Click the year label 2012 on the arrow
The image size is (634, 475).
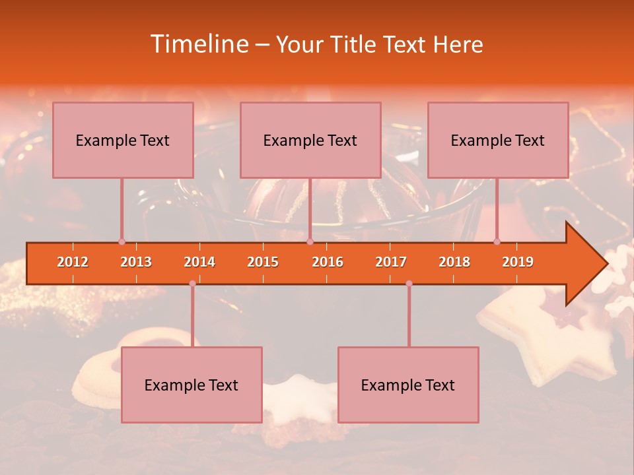pyautogui.click(x=73, y=262)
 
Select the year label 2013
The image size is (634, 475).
pyautogui.click(x=136, y=262)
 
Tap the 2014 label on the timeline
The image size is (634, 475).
pyautogui.click(x=199, y=262)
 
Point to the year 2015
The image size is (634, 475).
pyautogui.click(x=263, y=262)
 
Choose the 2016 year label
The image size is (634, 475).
pyautogui.click(x=328, y=262)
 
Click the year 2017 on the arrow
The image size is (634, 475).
pyautogui.click(x=391, y=262)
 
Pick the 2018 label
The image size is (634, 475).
pyautogui.click(x=454, y=262)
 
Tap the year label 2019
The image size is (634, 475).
pyautogui.click(x=518, y=262)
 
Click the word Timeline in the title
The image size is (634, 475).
pyautogui.click(x=198, y=44)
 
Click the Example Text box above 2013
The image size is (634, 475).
pyautogui.click(x=123, y=140)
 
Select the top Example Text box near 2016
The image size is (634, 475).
pyautogui.click(x=310, y=140)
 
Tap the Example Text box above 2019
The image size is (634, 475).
pyautogui.click(x=498, y=140)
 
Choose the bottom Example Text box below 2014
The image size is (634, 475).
pyautogui.click(x=192, y=385)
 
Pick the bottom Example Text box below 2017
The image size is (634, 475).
pyautogui.click(x=408, y=385)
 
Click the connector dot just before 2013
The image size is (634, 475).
pyautogui.click(x=122, y=241)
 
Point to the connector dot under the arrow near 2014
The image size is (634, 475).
pyautogui.click(x=192, y=283)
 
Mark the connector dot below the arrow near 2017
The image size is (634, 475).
pyautogui.click(x=409, y=283)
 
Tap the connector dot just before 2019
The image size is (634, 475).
pyautogui.click(x=497, y=241)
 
